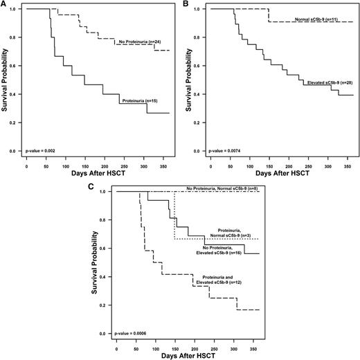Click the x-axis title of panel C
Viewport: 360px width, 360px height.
pyautogui.click(x=183, y=355)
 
